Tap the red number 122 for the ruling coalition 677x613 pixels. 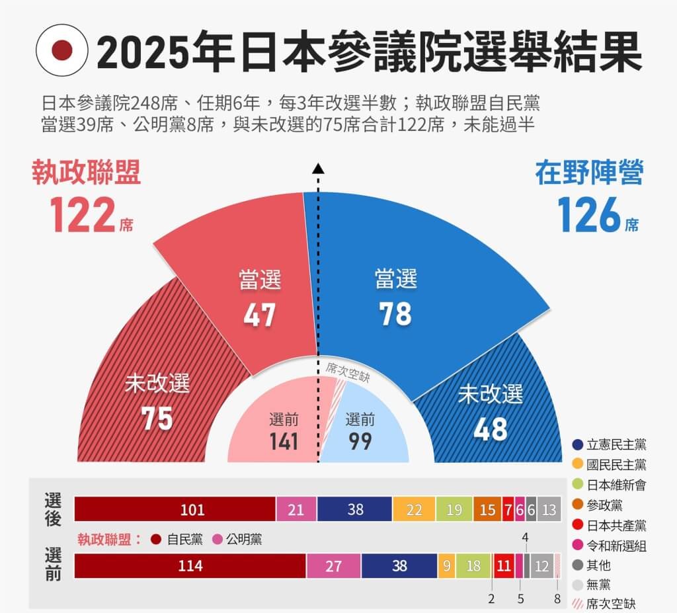pyautogui.click(x=82, y=216)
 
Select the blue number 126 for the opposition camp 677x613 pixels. pyautogui.click(x=589, y=216)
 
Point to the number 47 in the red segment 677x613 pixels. pyautogui.click(x=259, y=315)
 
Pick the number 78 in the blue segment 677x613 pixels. pyautogui.click(x=395, y=315)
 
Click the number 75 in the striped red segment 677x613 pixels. pyautogui.click(x=157, y=418)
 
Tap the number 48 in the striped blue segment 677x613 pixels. pyautogui.click(x=491, y=429)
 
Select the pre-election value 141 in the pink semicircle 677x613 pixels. pyautogui.click(x=284, y=440)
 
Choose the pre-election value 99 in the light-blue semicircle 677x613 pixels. pyautogui.click(x=360, y=440)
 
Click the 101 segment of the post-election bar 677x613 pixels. pyautogui.click(x=175, y=509)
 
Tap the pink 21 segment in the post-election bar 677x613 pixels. pyautogui.click(x=296, y=509)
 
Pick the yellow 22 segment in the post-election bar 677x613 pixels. pyautogui.click(x=414, y=509)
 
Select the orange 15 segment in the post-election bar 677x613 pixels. pyautogui.click(x=487, y=509)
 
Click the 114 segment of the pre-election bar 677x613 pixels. pyautogui.click(x=190, y=566)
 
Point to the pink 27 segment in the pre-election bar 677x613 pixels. pyautogui.click(x=333, y=566)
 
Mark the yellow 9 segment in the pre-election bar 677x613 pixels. pyautogui.click(x=447, y=566)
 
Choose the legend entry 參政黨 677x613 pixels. pyautogui.click(x=604, y=505)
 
